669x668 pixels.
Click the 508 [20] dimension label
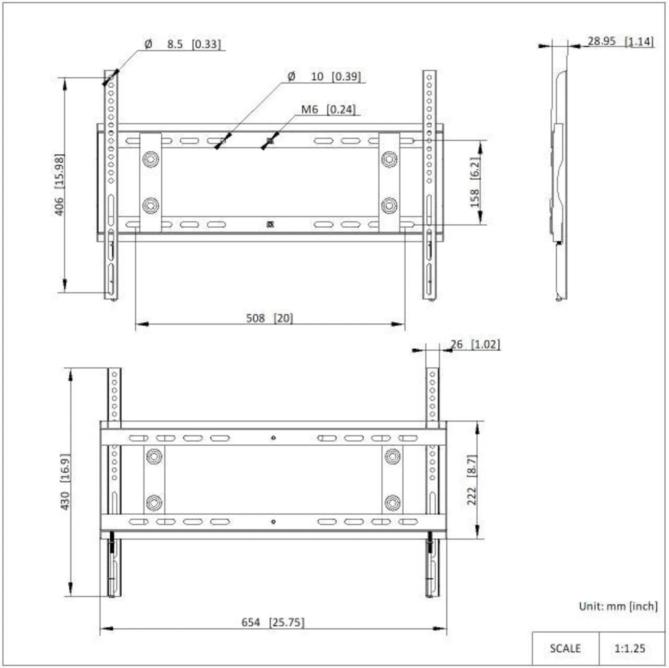click(269, 318)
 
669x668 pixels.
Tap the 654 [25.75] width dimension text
click(273, 622)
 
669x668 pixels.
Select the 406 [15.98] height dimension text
click(60, 184)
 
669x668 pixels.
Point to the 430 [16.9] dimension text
click(65, 482)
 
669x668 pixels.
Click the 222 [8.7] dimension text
click(472, 480)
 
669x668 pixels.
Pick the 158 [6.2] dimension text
click(475, 182)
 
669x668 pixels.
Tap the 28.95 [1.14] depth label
click(620, 41)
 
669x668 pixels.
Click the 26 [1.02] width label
click(475, 344)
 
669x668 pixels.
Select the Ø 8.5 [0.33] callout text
click(183, 44)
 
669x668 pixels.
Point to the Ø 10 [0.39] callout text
click(324, 76)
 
